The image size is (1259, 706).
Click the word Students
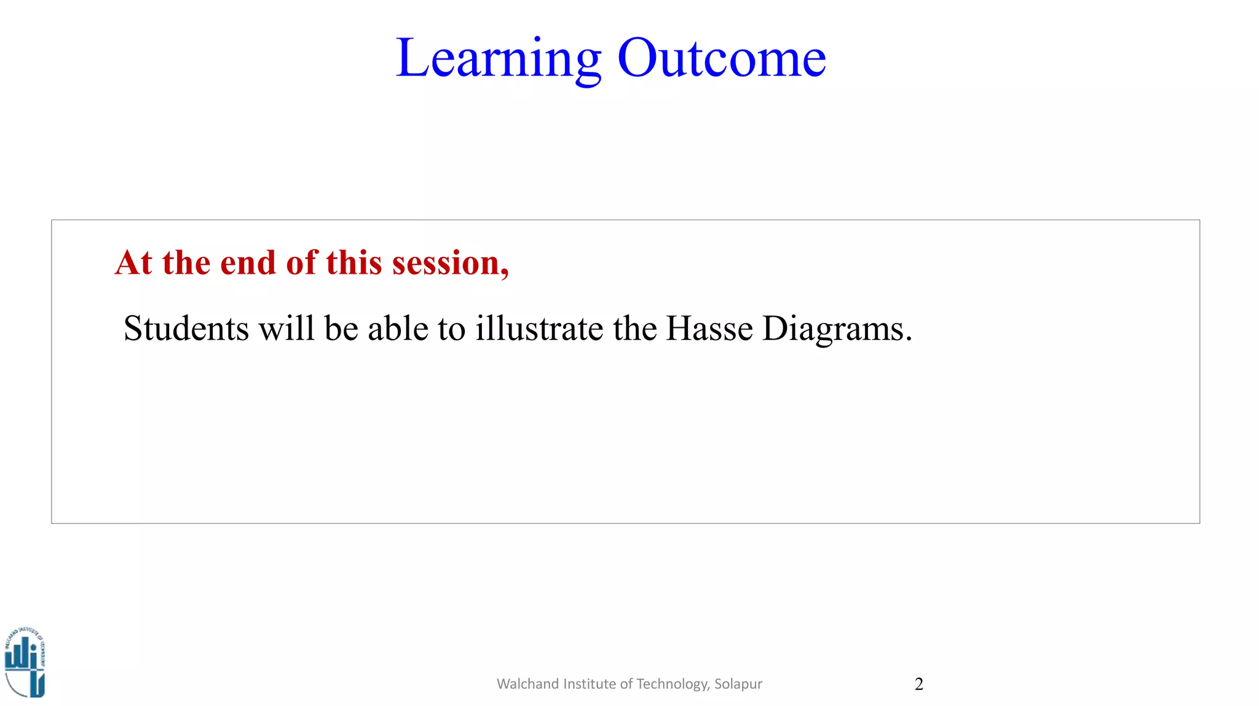point(186,328)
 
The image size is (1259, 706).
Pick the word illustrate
point(539,328)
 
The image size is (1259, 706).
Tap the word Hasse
point(709,328)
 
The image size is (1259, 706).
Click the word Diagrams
point(833,330)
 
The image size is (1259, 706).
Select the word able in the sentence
point(398,328)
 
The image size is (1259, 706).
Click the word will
point(286,328)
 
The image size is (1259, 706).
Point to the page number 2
point(918,684)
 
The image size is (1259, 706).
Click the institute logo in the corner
point(25,662)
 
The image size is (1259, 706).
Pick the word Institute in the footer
point(589,684)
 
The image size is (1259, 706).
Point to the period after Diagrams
point(909,340)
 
